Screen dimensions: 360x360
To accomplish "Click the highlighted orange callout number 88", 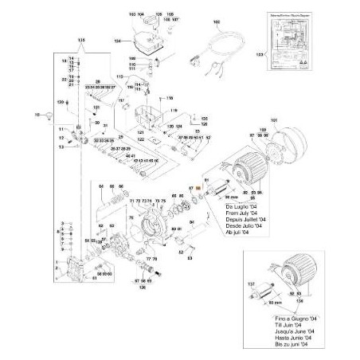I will (198, 188).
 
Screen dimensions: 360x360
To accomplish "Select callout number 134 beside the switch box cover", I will (118, 40).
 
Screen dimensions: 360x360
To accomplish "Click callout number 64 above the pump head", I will (102, 186).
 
